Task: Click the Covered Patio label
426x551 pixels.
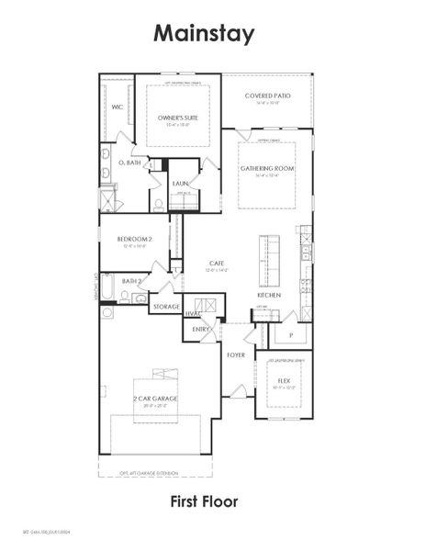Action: [267, 96]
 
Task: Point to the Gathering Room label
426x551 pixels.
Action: [267, 169]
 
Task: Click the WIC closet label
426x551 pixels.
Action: [117, 107]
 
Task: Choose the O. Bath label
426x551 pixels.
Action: [129, 162]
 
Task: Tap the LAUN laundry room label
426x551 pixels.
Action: [180, 184]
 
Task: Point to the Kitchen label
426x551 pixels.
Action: [269, 295]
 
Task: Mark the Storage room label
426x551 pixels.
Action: [166, 307]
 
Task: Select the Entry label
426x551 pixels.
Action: [201, 329]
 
